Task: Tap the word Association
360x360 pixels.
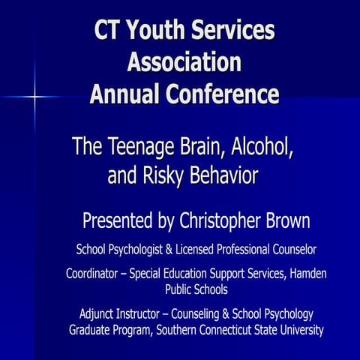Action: [184, 63]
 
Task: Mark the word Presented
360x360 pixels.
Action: [115, 222]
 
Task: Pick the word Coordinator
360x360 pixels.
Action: [94, 274]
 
